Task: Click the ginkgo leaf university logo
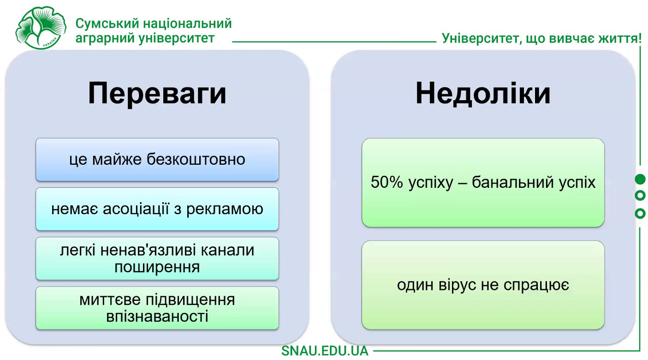click(x=41, y=28)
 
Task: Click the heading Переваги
click(x=157, y=94)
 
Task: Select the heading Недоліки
click(x=483, y=93)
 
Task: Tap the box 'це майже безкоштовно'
click(x=157, y=160)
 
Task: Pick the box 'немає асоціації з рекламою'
click(x=157, y=209)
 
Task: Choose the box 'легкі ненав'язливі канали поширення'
click(x=157, y=258)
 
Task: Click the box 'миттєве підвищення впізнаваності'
click(x=157, y=308)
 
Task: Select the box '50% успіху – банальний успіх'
click(x=483, y=183)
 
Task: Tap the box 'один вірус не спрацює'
click(x=483, y=285)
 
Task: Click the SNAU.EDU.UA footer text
click(x=325, y=351)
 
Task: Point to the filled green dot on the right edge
click(x=640, y=179)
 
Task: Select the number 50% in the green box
click(x=387, y=182)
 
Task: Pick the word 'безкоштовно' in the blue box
click(x=196, y=159)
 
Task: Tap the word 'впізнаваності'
click(x=157, y=316)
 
